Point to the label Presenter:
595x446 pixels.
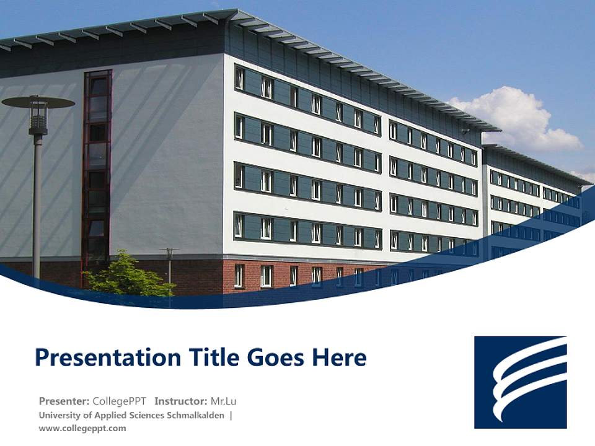64,401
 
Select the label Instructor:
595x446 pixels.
181,401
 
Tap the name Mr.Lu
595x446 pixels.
224,401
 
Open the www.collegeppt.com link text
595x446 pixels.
82,428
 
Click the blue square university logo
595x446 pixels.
521,382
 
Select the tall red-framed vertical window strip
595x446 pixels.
97,173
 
